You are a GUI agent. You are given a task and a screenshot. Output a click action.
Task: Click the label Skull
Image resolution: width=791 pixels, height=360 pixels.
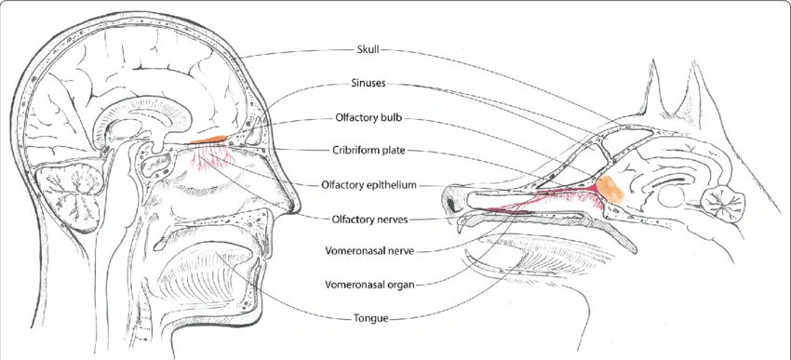click(369, 49)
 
